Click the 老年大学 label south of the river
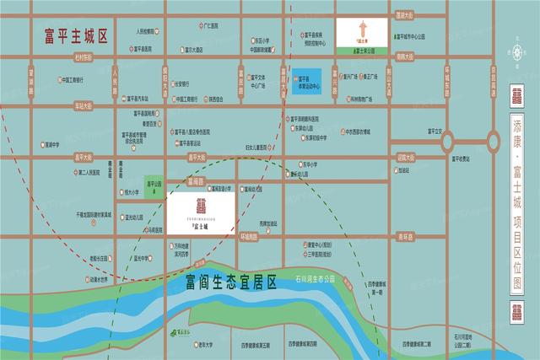pyautogui.click(x=204, y=344)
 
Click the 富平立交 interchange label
pyautogui.click(x=435, y=130)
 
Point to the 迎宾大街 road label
pyautogui.click(x=403, y=157)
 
